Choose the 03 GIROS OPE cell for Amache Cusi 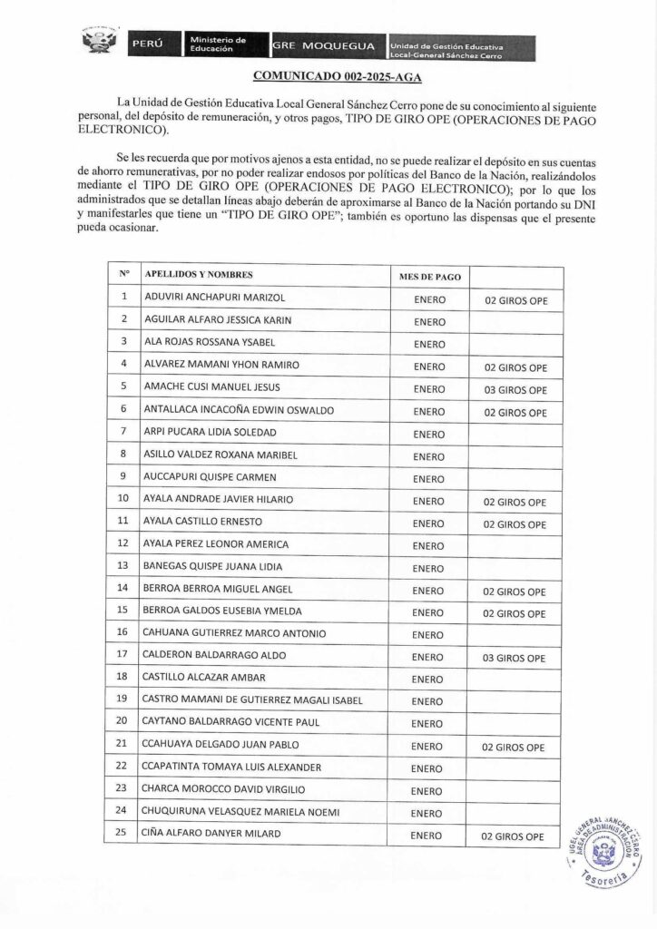(515, 390)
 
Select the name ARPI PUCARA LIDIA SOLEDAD (210, 432)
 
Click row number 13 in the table (123, 566)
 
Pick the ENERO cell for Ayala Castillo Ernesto (428, 523)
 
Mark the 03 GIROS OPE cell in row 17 (515, 658)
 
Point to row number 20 (123, 721)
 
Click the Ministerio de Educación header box (218, 44)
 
